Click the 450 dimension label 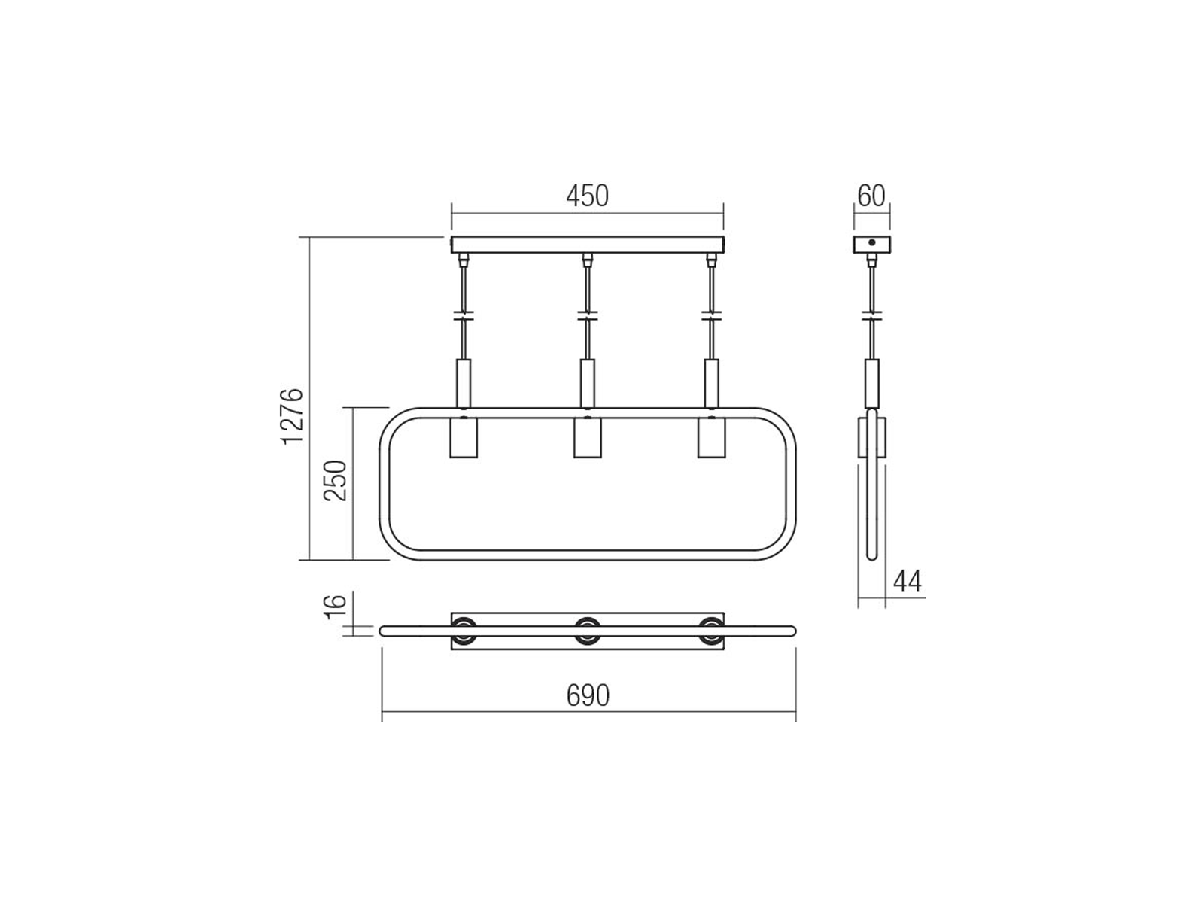click(x=587, y=196)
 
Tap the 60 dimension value click(x=871, y=196)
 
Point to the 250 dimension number click(x=335, y=480)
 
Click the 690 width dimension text click(x=588, y=696)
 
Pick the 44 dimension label click(x=908, y=582)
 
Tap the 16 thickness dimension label click(x=335, y=607)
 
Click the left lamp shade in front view click(x=463, y=437)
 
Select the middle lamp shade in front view click(x=587, y=437)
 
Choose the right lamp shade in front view click(x=711, y=437)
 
